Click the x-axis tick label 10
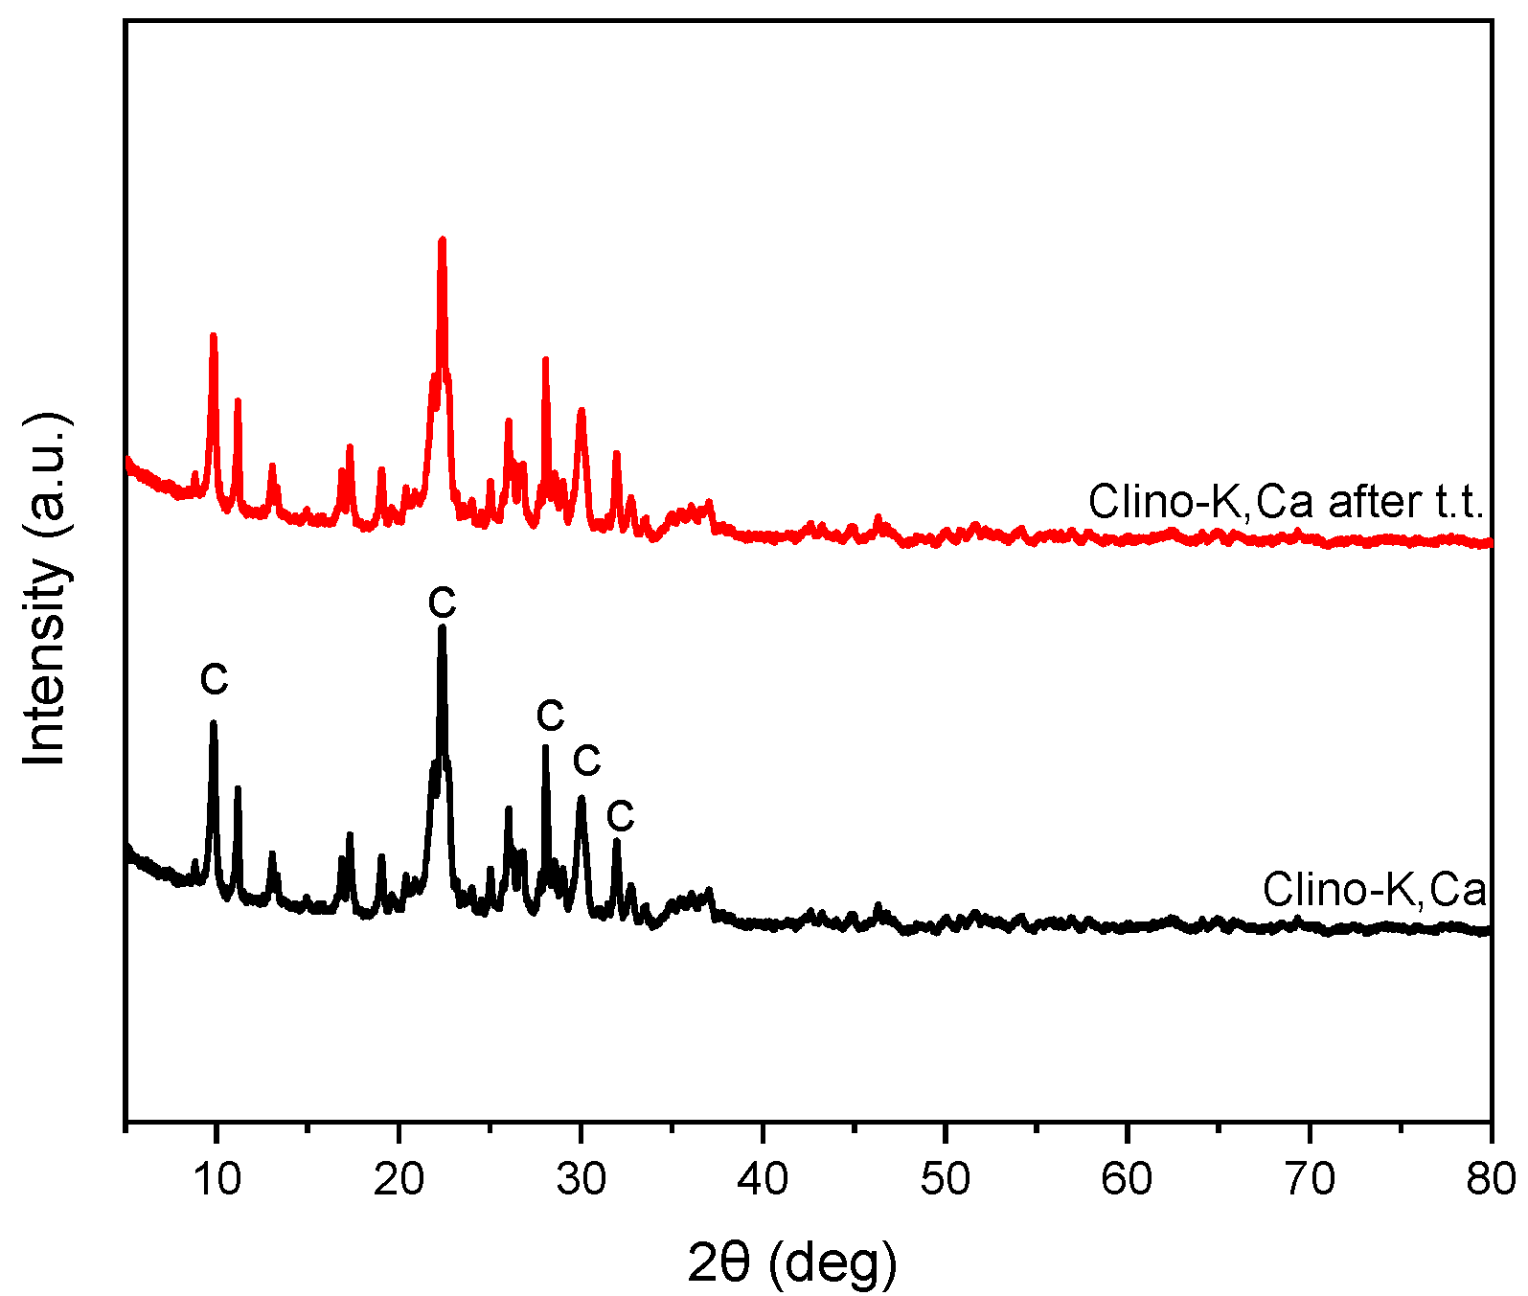coord(217,1179)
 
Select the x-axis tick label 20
coord(399,1179)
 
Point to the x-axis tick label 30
coord(581,1179)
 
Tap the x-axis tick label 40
coord(763,1179)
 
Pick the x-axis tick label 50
coord(945,1179)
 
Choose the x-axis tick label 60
coord(1127,1179)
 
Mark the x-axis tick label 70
coord(1309,1179)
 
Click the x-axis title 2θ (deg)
coord(792,1263)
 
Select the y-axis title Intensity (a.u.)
coord(46,589)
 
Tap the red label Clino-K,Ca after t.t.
coord(1286,502)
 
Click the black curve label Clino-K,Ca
coord(1374,889)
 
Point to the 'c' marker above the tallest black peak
coord(442,603)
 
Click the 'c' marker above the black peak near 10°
coord(214,680)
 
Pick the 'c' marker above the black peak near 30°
coord(586,762)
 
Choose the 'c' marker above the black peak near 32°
coord(621,816)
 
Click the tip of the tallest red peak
coord(442,239)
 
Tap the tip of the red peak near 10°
coord(213,335)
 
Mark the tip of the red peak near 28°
coord(545,359)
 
